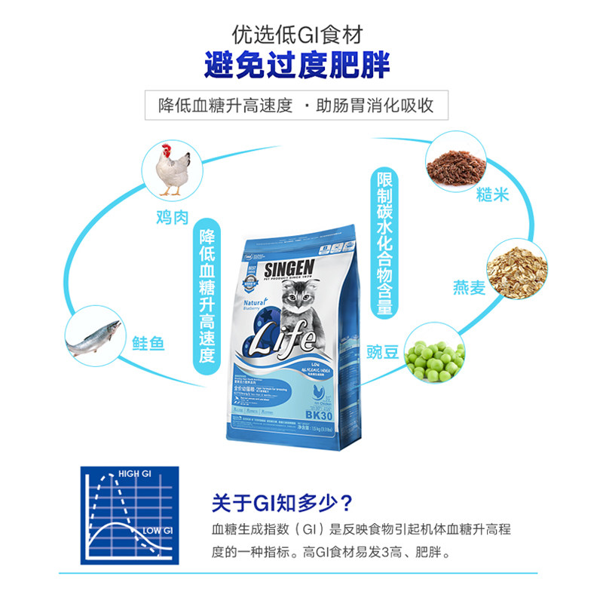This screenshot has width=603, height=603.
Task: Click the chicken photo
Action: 172,170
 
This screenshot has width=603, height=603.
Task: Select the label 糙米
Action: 492,194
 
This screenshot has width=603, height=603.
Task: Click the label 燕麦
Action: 469,287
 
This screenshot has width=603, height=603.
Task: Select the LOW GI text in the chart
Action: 158,531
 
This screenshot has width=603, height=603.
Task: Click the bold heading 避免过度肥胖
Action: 298,66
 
